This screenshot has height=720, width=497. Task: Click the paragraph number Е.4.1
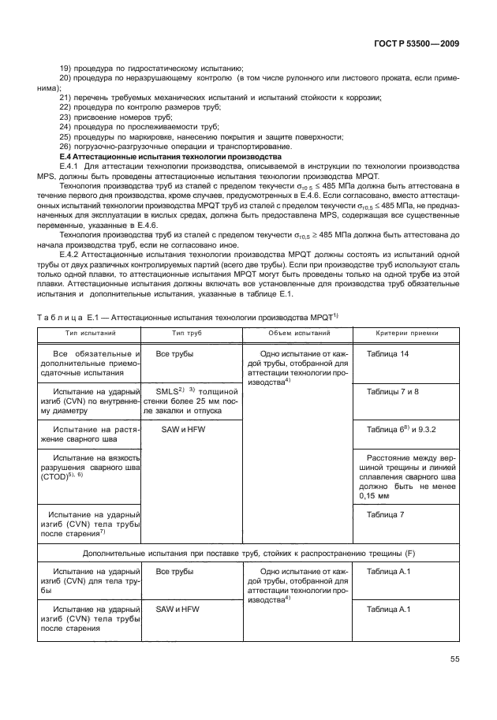[x=73, y=166]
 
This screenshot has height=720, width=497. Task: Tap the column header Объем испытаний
[x=290, y=333]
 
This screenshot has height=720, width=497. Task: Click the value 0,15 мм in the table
[x=376, y=497]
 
